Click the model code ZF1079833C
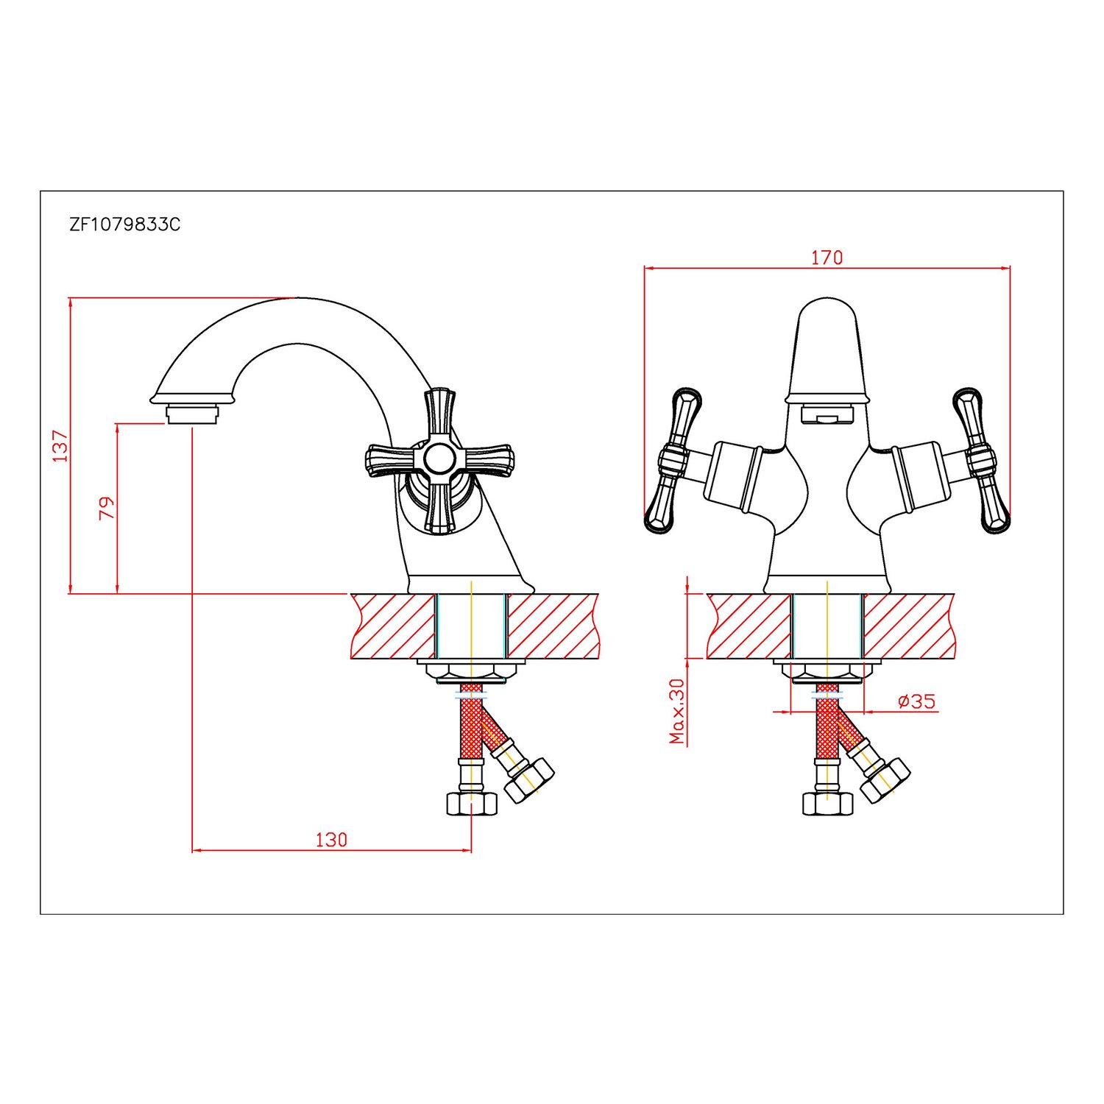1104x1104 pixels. coord(124,224)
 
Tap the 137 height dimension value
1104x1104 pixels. coord(60,445)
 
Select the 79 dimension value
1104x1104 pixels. coord(107,508)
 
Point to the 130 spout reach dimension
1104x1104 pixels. coord(331,839)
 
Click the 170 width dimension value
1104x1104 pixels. coord(827,258)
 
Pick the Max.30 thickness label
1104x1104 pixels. coord(677,711)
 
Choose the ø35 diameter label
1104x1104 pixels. coord(917,701)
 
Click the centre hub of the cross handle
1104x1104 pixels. coord(439,459)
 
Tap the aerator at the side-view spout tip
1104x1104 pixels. coord(192,414)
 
